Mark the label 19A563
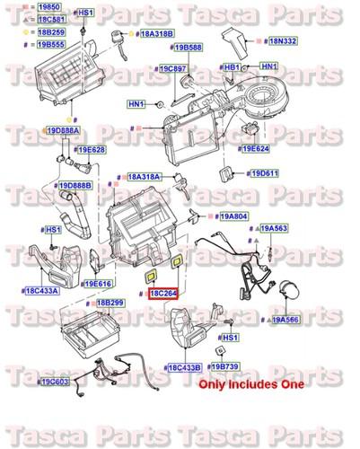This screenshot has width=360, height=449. [x=276, y=229]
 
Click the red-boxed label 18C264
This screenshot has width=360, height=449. [x=163, y=293]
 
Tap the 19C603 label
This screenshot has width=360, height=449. [x=55, y=382]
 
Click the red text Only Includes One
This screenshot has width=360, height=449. [x=250, y=384]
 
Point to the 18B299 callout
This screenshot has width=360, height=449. [x=111, y=304]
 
